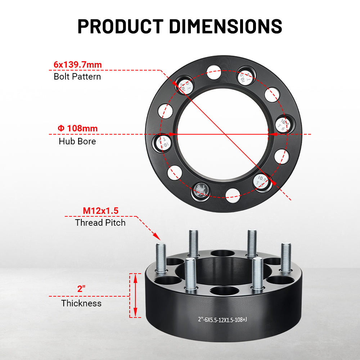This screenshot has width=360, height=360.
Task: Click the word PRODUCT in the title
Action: [x=120, y=26]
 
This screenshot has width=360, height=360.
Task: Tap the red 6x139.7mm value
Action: [x=77, y=65]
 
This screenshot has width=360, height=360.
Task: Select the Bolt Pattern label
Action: [x=77, y=76]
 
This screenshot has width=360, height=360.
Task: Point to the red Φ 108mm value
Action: [x=77, y=128]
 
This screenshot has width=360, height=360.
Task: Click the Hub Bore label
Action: [x=77, y=141]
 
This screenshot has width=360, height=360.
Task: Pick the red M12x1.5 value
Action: [x=100, y=211]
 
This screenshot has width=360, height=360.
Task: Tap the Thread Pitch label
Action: [x=100, y=222]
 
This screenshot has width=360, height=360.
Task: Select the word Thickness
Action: [x=81, y=303]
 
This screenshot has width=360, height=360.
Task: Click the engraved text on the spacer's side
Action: [x=222, y=319]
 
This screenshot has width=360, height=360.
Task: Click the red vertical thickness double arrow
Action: [x=135, y=295]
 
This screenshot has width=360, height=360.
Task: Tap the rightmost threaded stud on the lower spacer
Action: [x=286, y=257]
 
